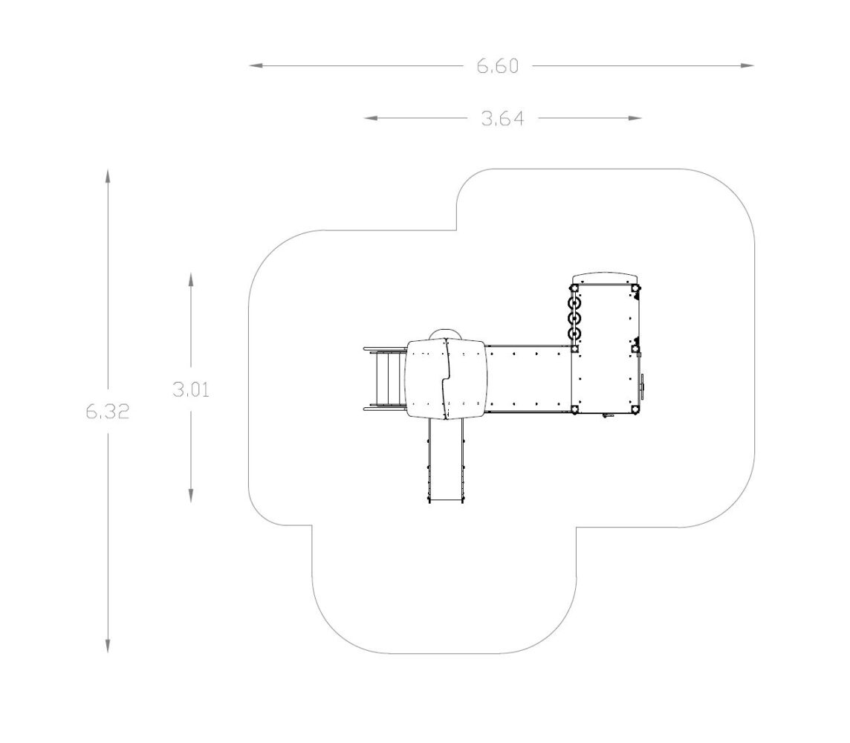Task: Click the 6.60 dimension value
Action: point(498,66)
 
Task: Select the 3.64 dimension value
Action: point(503,118)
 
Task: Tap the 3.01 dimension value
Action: point(191,389)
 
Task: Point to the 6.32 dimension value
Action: point(108,412)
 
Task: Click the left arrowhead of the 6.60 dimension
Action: point(256,65)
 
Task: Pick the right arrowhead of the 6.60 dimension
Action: point(747,65)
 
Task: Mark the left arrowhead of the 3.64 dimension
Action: point(370,117)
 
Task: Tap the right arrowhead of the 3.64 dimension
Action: point(635,117)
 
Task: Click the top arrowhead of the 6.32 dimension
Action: point(108,177)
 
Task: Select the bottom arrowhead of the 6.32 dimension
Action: point(108,646)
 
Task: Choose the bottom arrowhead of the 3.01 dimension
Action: point(191,496)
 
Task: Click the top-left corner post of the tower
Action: point(574,289)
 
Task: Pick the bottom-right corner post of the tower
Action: point(635,409)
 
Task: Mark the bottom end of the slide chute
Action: point(446,502)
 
